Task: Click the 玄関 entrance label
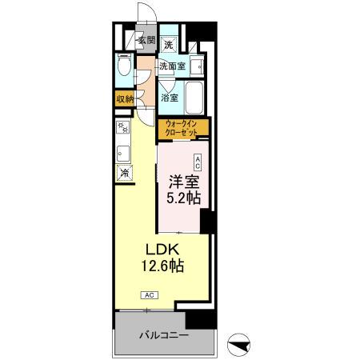[x=145, y=40]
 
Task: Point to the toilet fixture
[x=123, y=68]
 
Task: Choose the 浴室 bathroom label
[x=169, y=98]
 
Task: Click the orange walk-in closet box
[x=183, y=127]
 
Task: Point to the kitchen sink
[x=123, y=153]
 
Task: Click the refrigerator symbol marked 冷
[x=124, y=172]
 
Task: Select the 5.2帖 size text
[x=182, y=198]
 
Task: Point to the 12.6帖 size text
[x=163, y=267]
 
